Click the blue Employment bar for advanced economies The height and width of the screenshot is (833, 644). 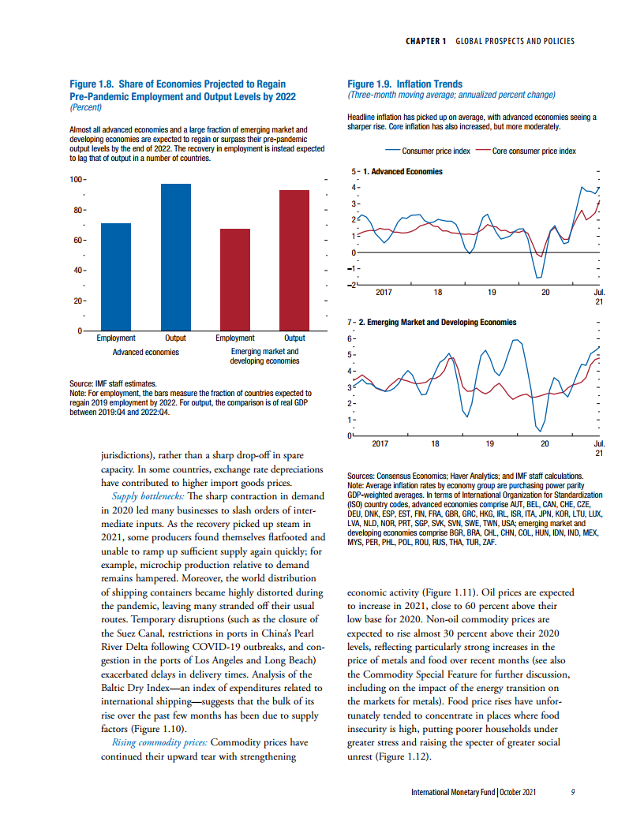point(116,277)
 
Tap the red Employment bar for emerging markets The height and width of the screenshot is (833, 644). point(234,279)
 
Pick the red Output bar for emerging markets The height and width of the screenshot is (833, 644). point(294,260)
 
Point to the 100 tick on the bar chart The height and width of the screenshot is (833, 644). point(77,180)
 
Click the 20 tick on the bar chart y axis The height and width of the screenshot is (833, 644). point(78,301)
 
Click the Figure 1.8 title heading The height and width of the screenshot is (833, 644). point(183,89)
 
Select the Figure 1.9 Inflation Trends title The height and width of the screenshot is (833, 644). point(405,84)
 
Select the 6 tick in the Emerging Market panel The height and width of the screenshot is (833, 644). point(353,338)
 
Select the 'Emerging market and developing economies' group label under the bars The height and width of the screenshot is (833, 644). point(264,356)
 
